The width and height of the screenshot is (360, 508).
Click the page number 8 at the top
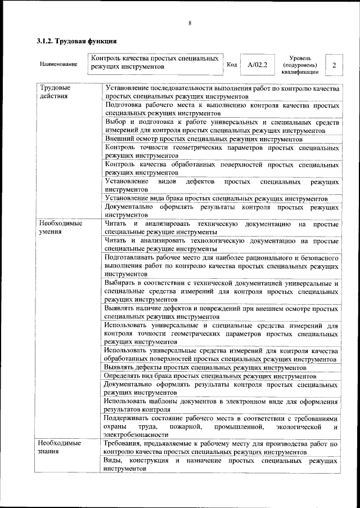pyautogui.click(x=190, y=23)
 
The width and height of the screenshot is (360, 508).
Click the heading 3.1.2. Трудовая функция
pyautogui.click(x=76, y=41)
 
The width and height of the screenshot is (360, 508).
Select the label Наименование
pyautogui.click(x=58, y=64)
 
